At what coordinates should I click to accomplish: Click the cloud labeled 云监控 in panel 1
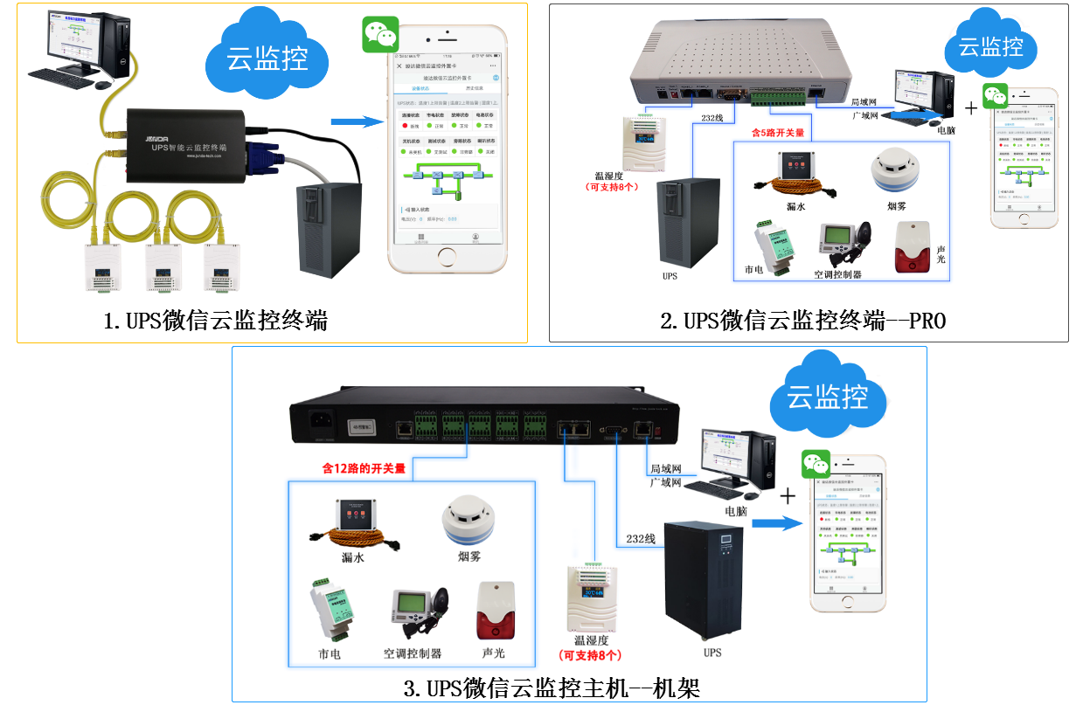[x=267, y=56]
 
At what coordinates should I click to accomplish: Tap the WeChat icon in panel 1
[x=380, y=35]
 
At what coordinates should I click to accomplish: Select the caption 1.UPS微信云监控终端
[x=215, y=321]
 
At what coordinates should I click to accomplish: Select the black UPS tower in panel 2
[x=688, y=223]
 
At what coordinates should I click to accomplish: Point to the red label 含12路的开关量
[x=364, y=468]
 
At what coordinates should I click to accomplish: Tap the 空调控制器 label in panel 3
[x=412, y=653]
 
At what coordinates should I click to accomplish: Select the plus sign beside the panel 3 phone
[x=788, y=496]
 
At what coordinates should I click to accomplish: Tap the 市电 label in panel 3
[x=330, y=654]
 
